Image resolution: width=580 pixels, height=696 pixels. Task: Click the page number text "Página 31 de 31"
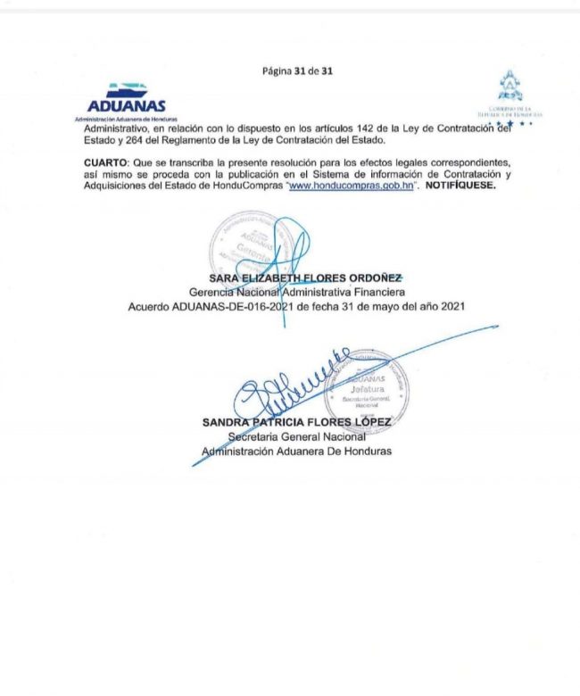click(297, 70)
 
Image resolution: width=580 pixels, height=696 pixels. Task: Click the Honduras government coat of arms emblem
click(509, 87)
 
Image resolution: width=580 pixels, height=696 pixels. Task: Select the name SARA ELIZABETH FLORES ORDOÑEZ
click(293, 278)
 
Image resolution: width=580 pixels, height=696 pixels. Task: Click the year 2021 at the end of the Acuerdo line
click(453, 305)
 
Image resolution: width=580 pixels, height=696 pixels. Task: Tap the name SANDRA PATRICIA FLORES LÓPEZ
click(296, 423)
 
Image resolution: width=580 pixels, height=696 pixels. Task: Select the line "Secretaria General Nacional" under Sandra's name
click(296, 436)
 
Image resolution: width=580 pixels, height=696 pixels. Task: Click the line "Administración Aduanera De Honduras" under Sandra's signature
click(296, 451)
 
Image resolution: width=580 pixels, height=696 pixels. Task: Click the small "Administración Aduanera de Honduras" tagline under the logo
click(127, 119)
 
